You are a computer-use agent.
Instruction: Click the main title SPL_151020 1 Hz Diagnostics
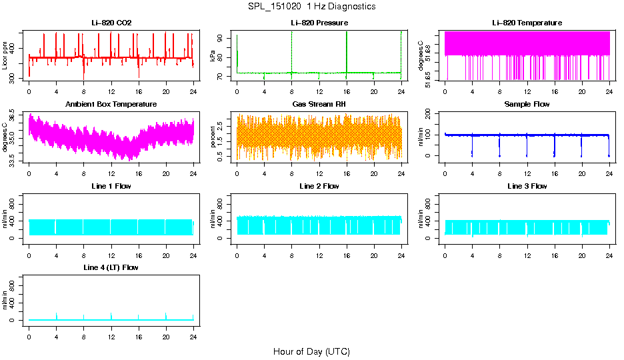[x=311, y=6]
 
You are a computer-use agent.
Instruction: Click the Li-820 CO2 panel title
[x=111, y=23]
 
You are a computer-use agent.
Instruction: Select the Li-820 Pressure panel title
[x=319, y=23]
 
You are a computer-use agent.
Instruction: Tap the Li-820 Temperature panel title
[x=527, y=23]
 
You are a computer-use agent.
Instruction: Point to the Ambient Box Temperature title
[x=111, y=104]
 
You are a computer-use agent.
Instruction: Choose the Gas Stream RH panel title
[x=319, y=104]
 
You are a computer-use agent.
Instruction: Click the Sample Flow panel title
[x=527, y=104]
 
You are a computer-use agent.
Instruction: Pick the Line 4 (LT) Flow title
[x=111, y=267]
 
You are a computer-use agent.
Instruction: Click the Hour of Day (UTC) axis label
[x=311, y=351]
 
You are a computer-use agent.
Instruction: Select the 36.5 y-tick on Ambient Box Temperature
[x=16, y=116]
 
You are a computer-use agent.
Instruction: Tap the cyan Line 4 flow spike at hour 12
[x=111, y=315]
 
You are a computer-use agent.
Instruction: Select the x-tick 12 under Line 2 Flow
[x=319, y=247]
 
